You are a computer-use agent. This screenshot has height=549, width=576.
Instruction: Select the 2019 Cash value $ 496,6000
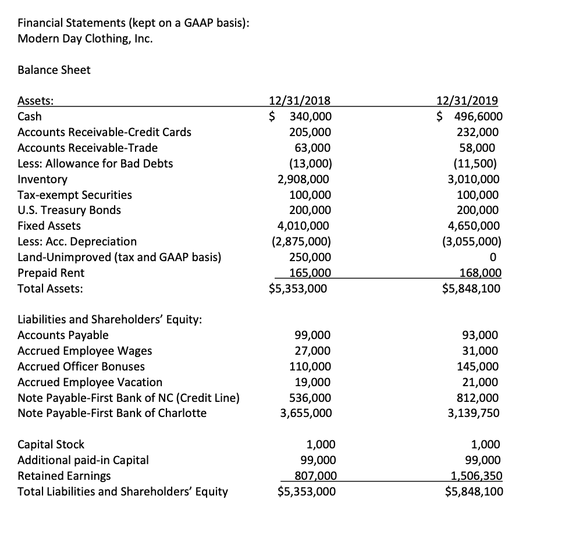tap(470, 116)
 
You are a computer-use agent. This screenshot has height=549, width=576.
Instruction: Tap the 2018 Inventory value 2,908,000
tap(304, 179)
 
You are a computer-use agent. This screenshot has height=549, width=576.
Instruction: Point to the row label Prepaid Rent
tap(51, 273)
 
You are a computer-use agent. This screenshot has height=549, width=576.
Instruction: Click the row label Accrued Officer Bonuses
tap(81, 366)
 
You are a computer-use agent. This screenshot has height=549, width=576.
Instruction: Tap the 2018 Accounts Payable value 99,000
tap(313, 335)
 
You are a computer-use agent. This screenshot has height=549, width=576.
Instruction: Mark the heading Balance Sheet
tap(54, 70)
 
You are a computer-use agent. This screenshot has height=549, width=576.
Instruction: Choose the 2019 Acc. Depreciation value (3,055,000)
tap(471, 241)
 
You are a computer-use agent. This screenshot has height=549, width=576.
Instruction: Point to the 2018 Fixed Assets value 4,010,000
tap(304, 226)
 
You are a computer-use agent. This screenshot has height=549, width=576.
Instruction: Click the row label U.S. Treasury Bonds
tap(69, 210)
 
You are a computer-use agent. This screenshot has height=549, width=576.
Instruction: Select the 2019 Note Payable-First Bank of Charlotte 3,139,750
tap(472, 413)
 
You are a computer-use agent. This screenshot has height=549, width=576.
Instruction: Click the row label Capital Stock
tap(51, 444)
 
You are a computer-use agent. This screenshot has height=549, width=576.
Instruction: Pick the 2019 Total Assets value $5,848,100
tap(471, 288)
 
